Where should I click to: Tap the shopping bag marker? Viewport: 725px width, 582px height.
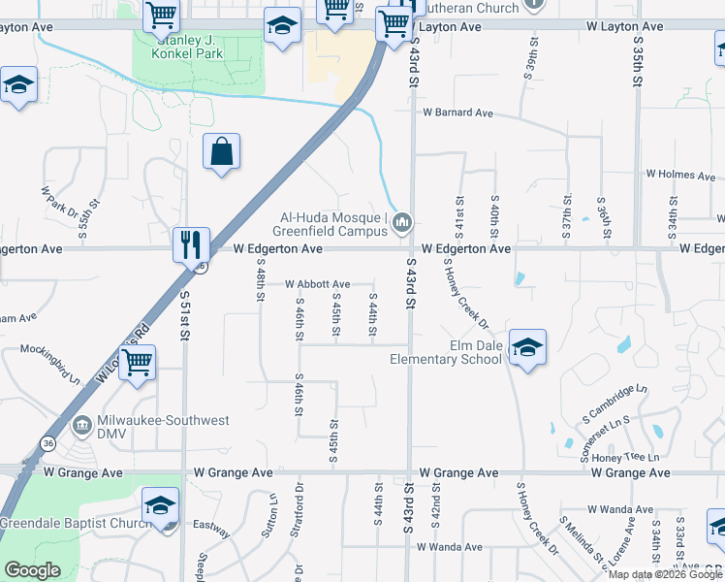click(x=222, y=151)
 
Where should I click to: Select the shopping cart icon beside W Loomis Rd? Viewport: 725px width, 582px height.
click(x=138, y=363)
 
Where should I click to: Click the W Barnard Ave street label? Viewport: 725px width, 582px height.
click(x=457, y=113)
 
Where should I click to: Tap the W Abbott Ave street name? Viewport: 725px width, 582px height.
click(x=316, y=283)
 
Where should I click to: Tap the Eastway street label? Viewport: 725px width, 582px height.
click(x=212, y=531)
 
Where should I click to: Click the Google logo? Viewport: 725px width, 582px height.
click(x=32, y=570)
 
